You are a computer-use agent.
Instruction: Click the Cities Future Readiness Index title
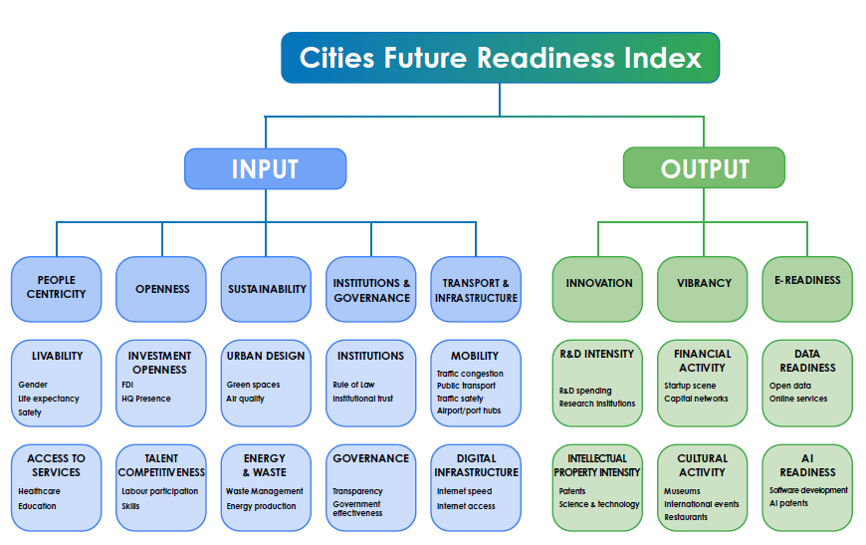coord(500,58)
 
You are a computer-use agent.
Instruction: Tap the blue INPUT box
coord(265,168)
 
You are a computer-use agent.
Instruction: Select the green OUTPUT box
coord(704,167)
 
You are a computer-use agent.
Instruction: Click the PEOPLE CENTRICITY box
coord(57,289)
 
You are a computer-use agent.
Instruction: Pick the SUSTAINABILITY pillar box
coord(266,289)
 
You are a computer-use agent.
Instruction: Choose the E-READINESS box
coord(807,289)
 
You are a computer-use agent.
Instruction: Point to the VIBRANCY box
coord(703,289)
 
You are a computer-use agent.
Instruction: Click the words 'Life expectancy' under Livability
coord(49,399)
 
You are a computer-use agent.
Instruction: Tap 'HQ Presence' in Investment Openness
coord(146,399)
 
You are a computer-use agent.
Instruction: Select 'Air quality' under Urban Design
coord(245,399)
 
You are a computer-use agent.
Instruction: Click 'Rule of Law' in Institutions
coord(353,385)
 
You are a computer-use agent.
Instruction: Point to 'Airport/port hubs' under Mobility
coord(469,410)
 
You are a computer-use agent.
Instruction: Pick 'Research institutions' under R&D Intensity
coord(597,404)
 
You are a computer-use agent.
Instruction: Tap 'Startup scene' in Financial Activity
coord(690,386)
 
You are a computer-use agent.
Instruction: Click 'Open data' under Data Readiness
coord(790,386)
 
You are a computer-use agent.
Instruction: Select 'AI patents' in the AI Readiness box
coord(788,503)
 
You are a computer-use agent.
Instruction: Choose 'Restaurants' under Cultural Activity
coord(686,517)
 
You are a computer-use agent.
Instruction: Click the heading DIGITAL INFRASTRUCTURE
coord(476,465)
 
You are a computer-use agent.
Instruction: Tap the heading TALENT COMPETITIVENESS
coord(161,465)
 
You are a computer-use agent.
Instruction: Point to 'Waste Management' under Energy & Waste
coord(265,491)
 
